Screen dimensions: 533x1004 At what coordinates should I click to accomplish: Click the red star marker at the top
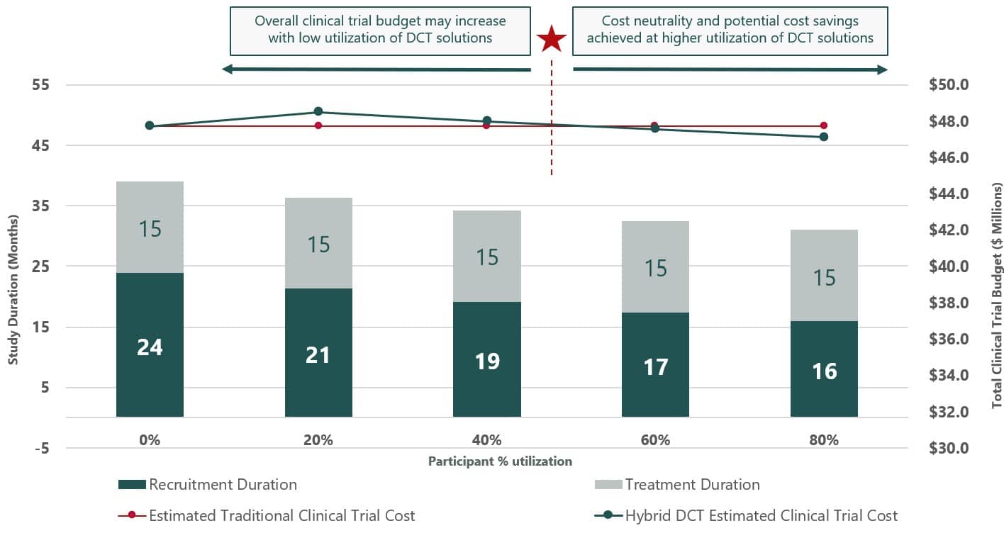click(551, 40)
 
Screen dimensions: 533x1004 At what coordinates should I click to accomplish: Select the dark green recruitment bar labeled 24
click(150, 344)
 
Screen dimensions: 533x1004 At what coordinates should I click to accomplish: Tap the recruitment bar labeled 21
click(318, 352)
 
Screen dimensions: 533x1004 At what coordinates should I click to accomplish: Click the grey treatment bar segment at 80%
click(824, 276)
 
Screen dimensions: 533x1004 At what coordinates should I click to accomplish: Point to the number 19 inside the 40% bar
click(487, 361)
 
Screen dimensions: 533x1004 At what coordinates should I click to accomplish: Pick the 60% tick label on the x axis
click(655, 440)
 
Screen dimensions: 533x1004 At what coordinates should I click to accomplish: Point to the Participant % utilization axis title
click(500, 461)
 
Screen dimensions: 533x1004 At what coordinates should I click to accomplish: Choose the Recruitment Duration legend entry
click(208, 485)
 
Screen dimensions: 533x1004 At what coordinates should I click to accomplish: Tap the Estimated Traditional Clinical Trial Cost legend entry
click(267, 516)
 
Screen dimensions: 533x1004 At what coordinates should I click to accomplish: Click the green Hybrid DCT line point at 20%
click(318, 111)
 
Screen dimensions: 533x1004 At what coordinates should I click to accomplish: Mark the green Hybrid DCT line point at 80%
click(824, 137)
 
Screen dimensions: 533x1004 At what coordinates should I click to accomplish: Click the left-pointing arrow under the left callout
click(376, 69)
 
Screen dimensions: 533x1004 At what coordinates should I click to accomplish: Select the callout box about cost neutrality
click(730, 31)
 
